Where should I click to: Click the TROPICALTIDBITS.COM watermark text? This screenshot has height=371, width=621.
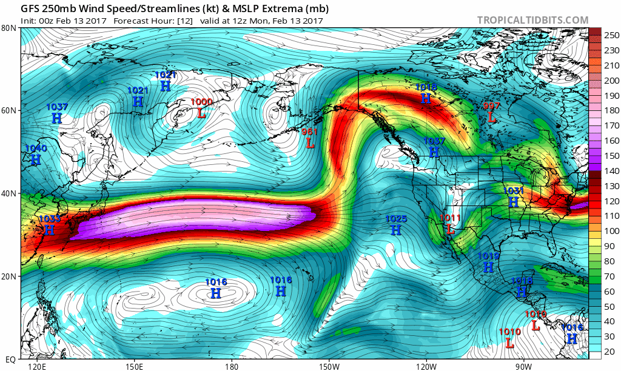(x=532, y=20)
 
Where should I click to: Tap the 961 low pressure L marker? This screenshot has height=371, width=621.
(x=310, y=144)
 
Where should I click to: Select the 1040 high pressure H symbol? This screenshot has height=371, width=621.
(x=36, y=160)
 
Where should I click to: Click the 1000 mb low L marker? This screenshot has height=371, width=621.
(x=201, y=113)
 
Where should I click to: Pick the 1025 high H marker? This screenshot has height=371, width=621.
(x=396, y=230)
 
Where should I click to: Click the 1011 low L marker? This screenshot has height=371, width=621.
(x=450, y=230)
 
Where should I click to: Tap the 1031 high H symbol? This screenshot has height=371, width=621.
(x=513, y=202)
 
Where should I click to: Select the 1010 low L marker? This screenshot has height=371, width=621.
(x=509, y=344)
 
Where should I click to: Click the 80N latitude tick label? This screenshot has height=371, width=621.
(x=8, y=28)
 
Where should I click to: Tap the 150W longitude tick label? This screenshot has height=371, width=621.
(x=329, y=366)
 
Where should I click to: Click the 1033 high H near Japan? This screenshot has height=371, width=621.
(x=49, y=230)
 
